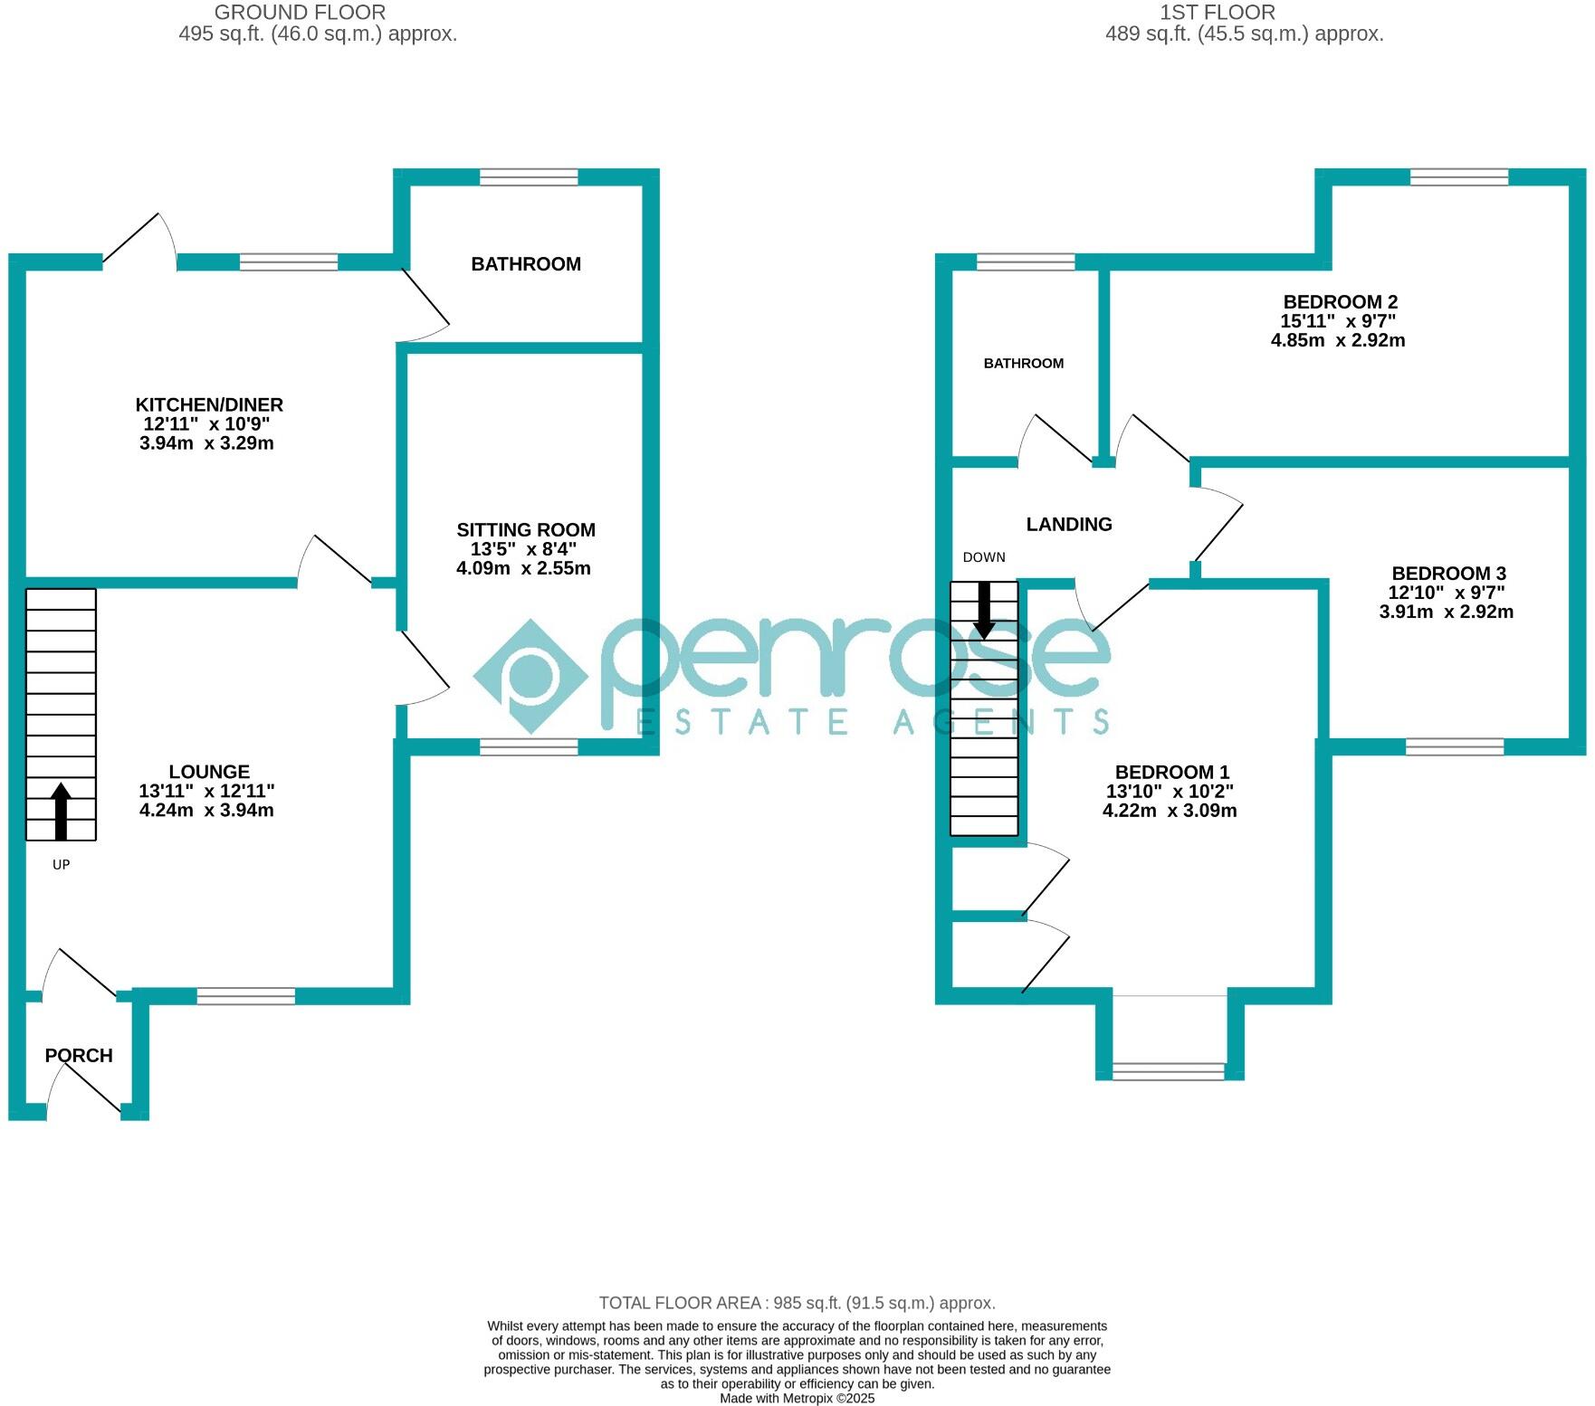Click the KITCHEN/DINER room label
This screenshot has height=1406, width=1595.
pos(209,405)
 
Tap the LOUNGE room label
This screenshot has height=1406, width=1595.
pos(209,772)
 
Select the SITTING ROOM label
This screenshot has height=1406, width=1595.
pos(526,530)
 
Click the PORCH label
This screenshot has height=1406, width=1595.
pos(79,1055)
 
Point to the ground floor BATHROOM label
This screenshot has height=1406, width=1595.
pos(526,264)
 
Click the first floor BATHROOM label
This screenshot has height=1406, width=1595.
pos(1024,364)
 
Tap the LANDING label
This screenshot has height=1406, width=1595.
pos(1069,525)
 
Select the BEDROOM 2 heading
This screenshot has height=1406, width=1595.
pos(1341,302)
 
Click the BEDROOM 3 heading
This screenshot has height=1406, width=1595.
pos(1448,574)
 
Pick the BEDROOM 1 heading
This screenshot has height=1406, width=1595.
pos(1172,772)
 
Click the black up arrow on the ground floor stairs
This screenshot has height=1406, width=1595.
pos(61,810)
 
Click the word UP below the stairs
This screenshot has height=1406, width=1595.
pos(61,865)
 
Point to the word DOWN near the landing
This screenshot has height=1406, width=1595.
pos(984,557)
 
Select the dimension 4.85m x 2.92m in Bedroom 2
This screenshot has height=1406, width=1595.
pos(1338,341)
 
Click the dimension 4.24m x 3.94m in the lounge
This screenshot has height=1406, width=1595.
pos(206,811)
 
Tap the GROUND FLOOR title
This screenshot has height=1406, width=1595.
pos(300,13)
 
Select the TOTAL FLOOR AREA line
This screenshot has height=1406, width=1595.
pos(797,1303)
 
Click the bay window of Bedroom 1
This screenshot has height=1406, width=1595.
pos(1169,1071)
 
